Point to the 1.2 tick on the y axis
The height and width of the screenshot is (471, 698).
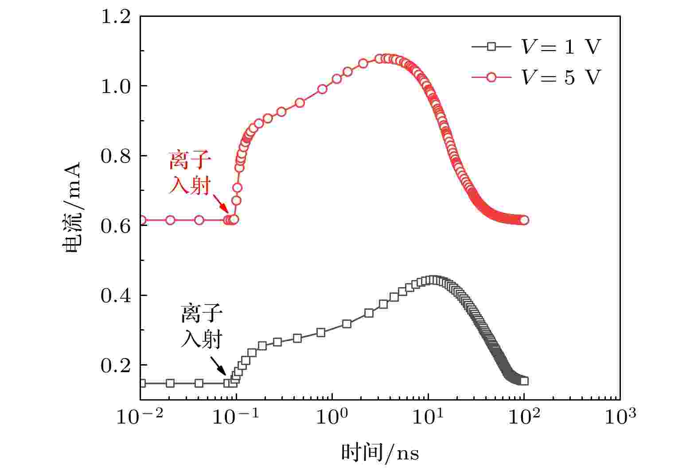[x=116, y=17]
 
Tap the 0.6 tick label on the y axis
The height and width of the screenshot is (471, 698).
[x=116, y=226]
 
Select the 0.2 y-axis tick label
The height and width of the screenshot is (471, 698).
[x=116, y=366]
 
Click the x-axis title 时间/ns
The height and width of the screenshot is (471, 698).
[x=380, y=453]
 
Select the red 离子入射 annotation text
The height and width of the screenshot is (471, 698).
[x=190, y=174]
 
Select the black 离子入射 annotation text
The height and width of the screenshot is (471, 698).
[x=202, y=327]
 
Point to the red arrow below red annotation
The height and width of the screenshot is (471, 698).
[x=222, y=205]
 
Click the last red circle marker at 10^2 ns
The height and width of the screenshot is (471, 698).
[x=524, y=220]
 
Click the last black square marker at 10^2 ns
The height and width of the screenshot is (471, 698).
[x=524, y=381]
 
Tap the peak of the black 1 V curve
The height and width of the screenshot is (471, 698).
[x=433, y=280]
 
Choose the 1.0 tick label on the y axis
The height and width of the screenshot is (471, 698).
[x=116, y=86]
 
